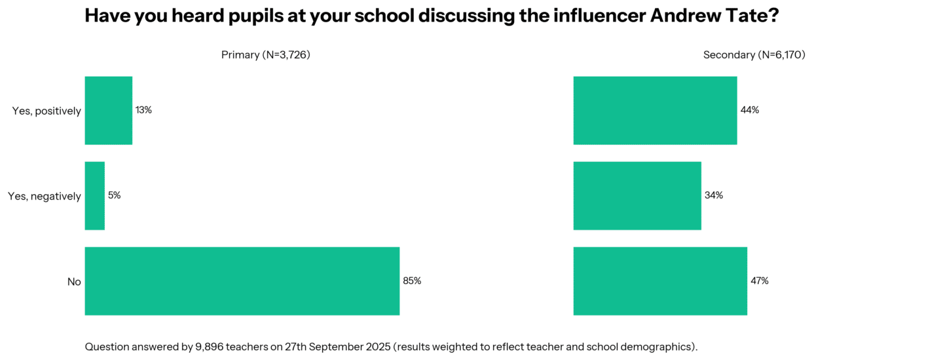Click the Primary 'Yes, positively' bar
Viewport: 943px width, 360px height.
click(109, 111)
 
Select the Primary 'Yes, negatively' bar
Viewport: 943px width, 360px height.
click(95, 196)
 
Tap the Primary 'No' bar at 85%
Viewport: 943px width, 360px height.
click(242, 281)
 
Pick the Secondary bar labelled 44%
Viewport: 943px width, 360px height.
click(655, 111)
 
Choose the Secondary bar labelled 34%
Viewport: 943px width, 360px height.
click(637, 196)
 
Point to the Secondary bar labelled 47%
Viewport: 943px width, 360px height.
click(660, 281)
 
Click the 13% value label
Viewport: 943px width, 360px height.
click(143, 110)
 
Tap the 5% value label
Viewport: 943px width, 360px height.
click(114, 195)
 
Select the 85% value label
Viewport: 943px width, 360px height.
click(412, 281)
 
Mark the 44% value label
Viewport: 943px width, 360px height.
click(750, 110)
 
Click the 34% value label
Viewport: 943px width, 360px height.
click(714, 195)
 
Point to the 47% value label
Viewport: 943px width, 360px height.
click(760, 281)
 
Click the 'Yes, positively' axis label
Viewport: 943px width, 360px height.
click(46, 111)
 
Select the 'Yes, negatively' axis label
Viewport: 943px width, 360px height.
click(45, 196)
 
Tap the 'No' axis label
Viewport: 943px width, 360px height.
click(74, 282)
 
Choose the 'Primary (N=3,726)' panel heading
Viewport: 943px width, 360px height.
click(265, 55)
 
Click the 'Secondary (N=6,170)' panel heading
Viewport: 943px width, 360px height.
click(754, 55)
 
